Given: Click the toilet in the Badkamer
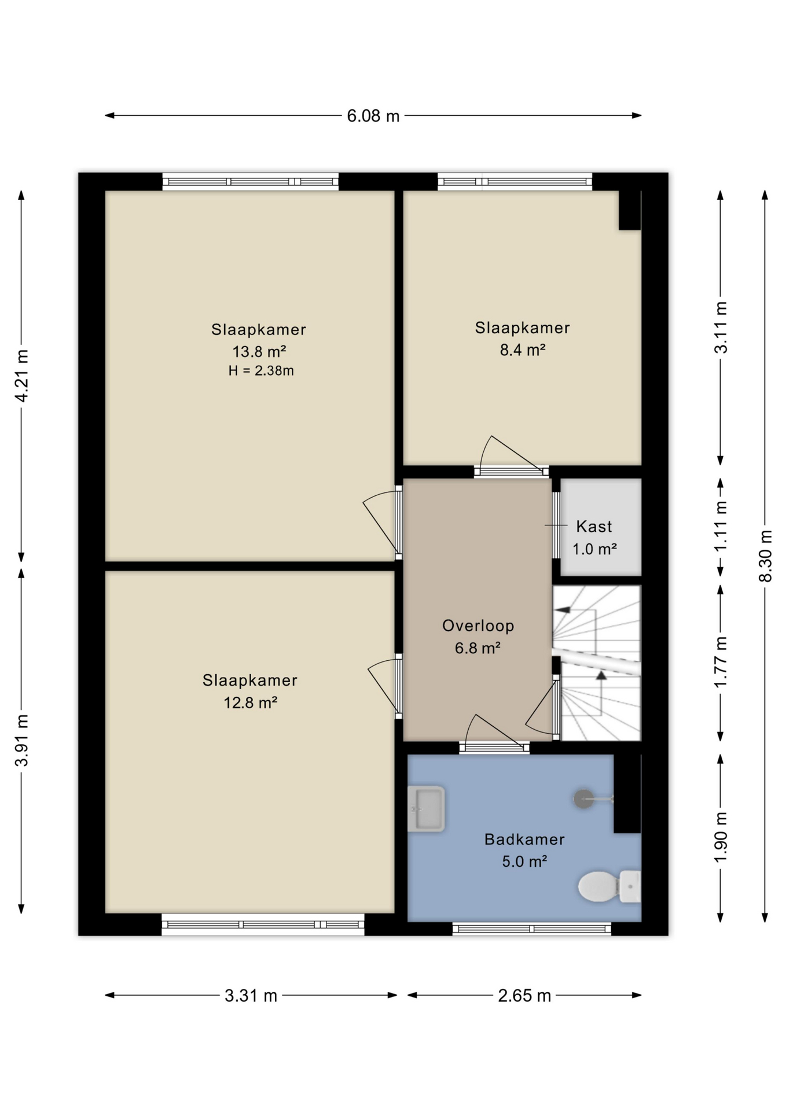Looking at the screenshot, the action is (609, 886).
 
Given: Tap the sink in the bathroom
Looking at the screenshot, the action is (426, 808).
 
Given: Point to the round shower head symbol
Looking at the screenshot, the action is (583, 799).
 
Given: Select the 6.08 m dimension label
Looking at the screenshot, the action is (373, 116).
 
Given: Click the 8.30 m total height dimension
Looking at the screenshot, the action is (765, 556).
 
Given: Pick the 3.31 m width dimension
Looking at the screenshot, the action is (251, 996).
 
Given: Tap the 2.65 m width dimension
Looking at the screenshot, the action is (524, 996).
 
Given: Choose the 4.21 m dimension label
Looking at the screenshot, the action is (21, 376).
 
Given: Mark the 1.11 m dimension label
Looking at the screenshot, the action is (721, 527).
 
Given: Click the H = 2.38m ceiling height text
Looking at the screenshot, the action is (261, 371).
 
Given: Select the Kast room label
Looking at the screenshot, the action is (594, 527).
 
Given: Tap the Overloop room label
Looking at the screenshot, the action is (478, 626).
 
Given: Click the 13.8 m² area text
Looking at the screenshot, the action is (259, 351).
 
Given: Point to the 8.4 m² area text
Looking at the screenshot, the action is (523, 350).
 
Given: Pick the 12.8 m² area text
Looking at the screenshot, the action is (251, 702).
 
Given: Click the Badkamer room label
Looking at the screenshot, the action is (524, 839).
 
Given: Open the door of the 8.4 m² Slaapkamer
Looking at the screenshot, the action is (512, 470).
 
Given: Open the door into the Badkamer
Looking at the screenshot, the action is (495, 747).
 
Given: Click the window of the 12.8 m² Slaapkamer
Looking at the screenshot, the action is (263, 924).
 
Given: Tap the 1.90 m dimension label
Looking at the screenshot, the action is (721, 837).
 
